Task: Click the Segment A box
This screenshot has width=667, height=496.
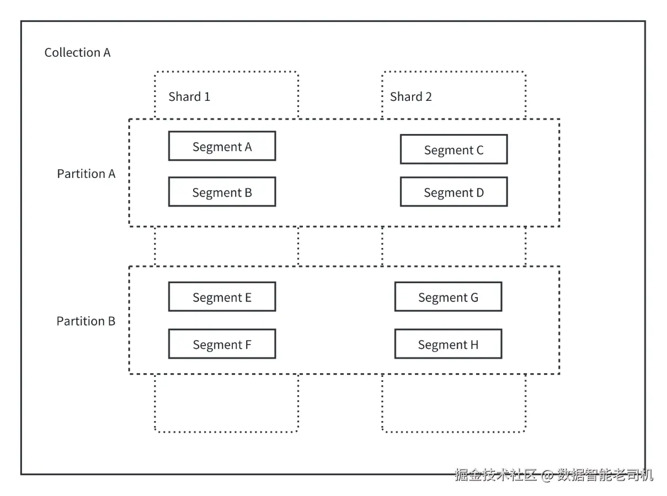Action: coord(222,145)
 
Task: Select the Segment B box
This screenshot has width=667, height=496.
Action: coord(222,192)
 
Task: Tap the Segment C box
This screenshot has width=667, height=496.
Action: coord(454,149)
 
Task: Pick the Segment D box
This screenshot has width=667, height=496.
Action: coord(454,192)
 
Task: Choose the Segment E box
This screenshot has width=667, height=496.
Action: coord(222,296)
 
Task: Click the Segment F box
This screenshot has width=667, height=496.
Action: coord(222,344)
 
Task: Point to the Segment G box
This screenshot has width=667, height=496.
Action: coord(448,296)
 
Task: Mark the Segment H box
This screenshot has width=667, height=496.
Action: coord(448,344)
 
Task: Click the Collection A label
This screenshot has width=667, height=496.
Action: coord(78,52)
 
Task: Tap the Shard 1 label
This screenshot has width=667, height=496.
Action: coord(189,97)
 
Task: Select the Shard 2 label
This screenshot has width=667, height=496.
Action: coord(411,97)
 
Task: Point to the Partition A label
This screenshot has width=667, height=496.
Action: coord(86,174)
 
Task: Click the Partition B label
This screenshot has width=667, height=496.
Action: coord(86,321)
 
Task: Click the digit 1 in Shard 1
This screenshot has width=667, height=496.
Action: coord(207,97)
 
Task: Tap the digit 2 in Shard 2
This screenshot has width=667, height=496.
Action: coord(429,97)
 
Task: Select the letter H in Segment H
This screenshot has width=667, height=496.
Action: coord(474,344)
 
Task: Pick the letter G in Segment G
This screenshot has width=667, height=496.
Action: coord(474,298)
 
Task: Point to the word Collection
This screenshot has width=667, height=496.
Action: coord(72,52)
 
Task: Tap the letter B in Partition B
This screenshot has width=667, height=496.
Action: coord(112,321)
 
